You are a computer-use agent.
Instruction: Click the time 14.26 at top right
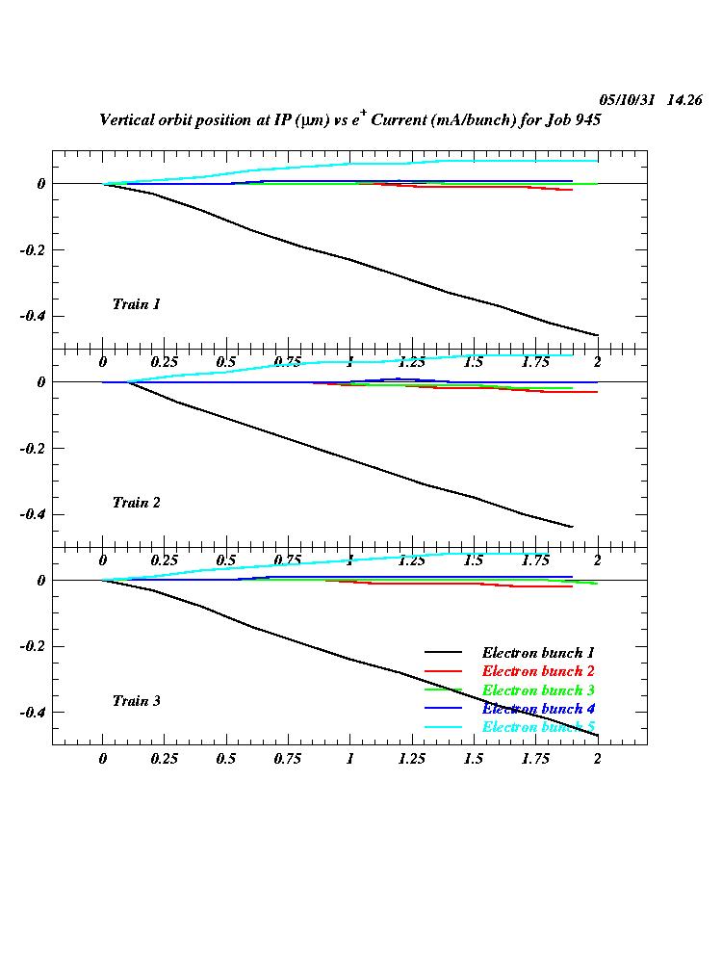coord(684,100)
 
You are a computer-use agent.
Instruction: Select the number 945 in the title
coord(588,120)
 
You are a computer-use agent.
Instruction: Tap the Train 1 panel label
coord(137,304)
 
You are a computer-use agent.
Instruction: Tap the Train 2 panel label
coord(137,503)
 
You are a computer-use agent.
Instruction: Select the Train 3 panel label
coord(137,701)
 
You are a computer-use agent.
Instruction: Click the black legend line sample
coord(446,653)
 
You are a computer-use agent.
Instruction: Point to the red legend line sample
coord(446,671)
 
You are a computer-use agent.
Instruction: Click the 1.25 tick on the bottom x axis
coord(411,759)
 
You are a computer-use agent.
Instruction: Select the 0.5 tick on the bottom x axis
coord(226,759)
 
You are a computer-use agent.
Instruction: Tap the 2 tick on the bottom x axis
coord(597,759)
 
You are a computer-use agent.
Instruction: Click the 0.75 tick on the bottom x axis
coord(288,759)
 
